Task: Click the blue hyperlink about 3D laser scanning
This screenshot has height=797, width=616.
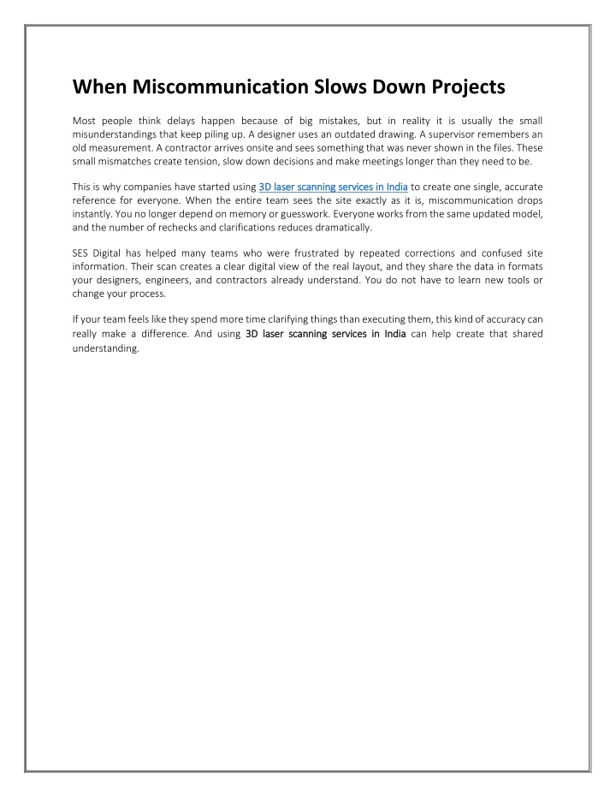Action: (x=333, y=186)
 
